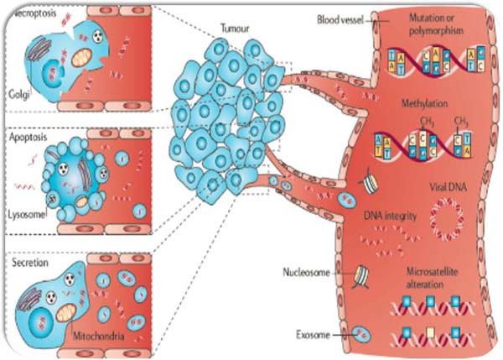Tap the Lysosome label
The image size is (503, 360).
(x=24, y=215)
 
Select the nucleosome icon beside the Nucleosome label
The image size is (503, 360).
(x=360, y=273)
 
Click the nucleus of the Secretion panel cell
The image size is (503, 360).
(x=34, y=314)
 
